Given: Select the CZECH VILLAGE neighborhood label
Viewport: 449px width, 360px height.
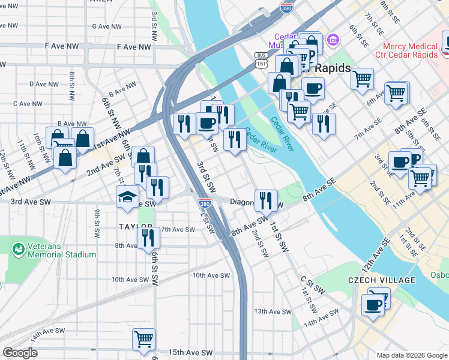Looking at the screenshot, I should coord(381,280).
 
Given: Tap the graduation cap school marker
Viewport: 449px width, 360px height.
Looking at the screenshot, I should coord(128,197).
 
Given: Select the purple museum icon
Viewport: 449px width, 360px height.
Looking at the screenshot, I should coord(334,41).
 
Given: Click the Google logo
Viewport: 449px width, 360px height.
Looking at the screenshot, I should coord(20,353).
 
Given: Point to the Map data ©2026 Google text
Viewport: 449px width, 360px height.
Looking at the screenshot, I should coord(411,355).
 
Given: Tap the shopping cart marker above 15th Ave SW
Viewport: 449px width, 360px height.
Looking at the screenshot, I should coord(144,340).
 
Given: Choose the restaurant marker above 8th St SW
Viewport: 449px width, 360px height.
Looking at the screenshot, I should coord(148,238).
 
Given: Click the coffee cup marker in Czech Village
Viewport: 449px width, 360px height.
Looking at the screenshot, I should coord(373,305).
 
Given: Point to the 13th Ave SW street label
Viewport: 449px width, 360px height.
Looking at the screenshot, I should coord(272,311).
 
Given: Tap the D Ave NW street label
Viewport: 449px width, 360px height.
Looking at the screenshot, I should coord(43,85).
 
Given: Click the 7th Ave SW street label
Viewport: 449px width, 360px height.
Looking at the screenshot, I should coord(178,229).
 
